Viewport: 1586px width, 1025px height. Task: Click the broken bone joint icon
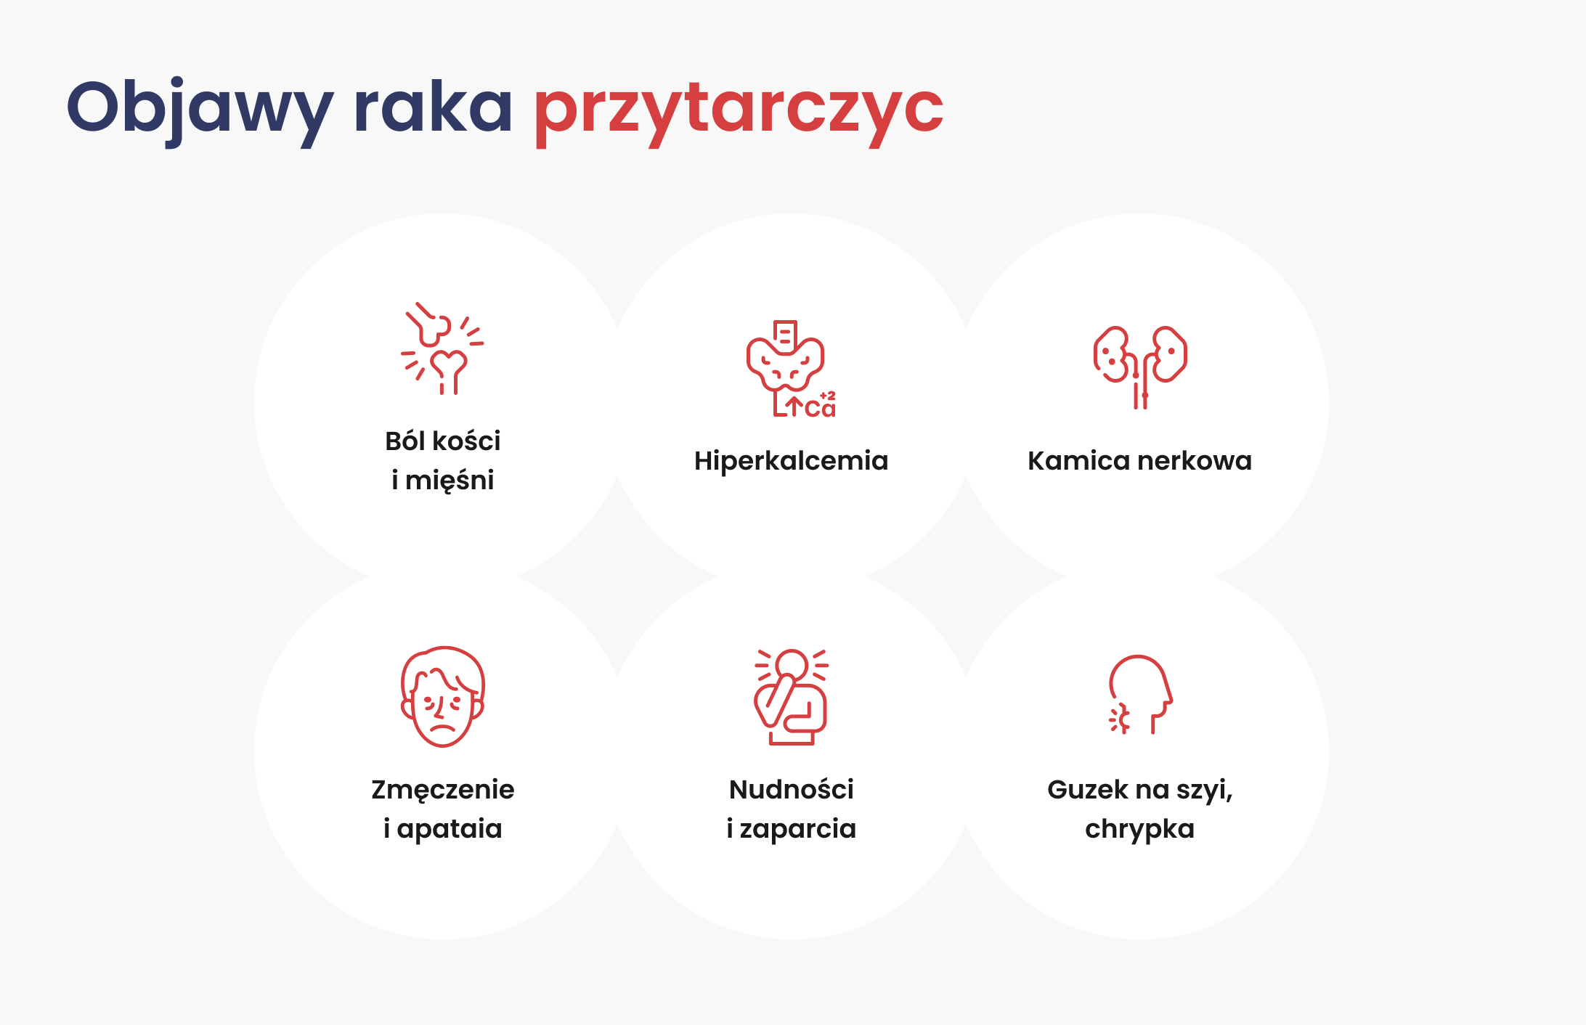point(442,348)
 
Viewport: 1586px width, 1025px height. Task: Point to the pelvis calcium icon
point(791,369)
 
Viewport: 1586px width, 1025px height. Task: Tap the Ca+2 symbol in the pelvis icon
point(821,406)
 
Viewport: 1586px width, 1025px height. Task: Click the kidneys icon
point(1140,367)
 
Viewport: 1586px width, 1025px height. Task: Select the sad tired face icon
point(442,696)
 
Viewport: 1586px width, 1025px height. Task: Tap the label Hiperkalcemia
point(791,461)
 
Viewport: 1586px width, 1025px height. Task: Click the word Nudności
point(792,789)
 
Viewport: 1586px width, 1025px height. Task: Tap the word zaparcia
point(798,829)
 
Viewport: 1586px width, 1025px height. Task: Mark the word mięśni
point(450,481)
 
